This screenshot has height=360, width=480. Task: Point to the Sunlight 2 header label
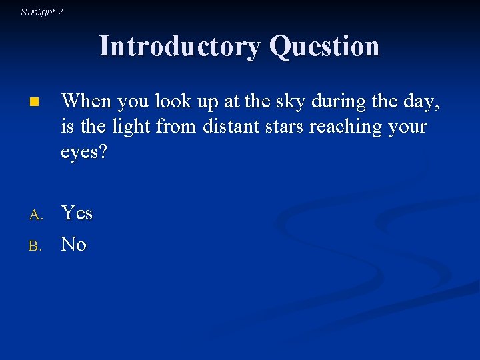(42, 12)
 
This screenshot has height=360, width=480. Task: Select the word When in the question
(86, 101)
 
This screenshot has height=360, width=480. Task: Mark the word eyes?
(84, 152)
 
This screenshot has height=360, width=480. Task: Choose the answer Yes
(77, 213)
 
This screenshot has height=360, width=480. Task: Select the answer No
(73, 245)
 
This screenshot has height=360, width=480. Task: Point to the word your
(409, 127)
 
